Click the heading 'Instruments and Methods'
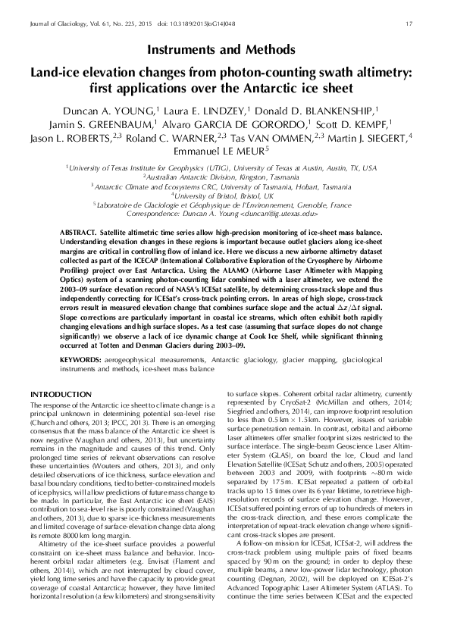coord(225,50)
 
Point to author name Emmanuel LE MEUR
coord(222,151)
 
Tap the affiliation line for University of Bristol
coord(225,195)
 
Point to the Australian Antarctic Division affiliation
coord(225,175)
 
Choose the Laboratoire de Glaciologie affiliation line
coord(225,205)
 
